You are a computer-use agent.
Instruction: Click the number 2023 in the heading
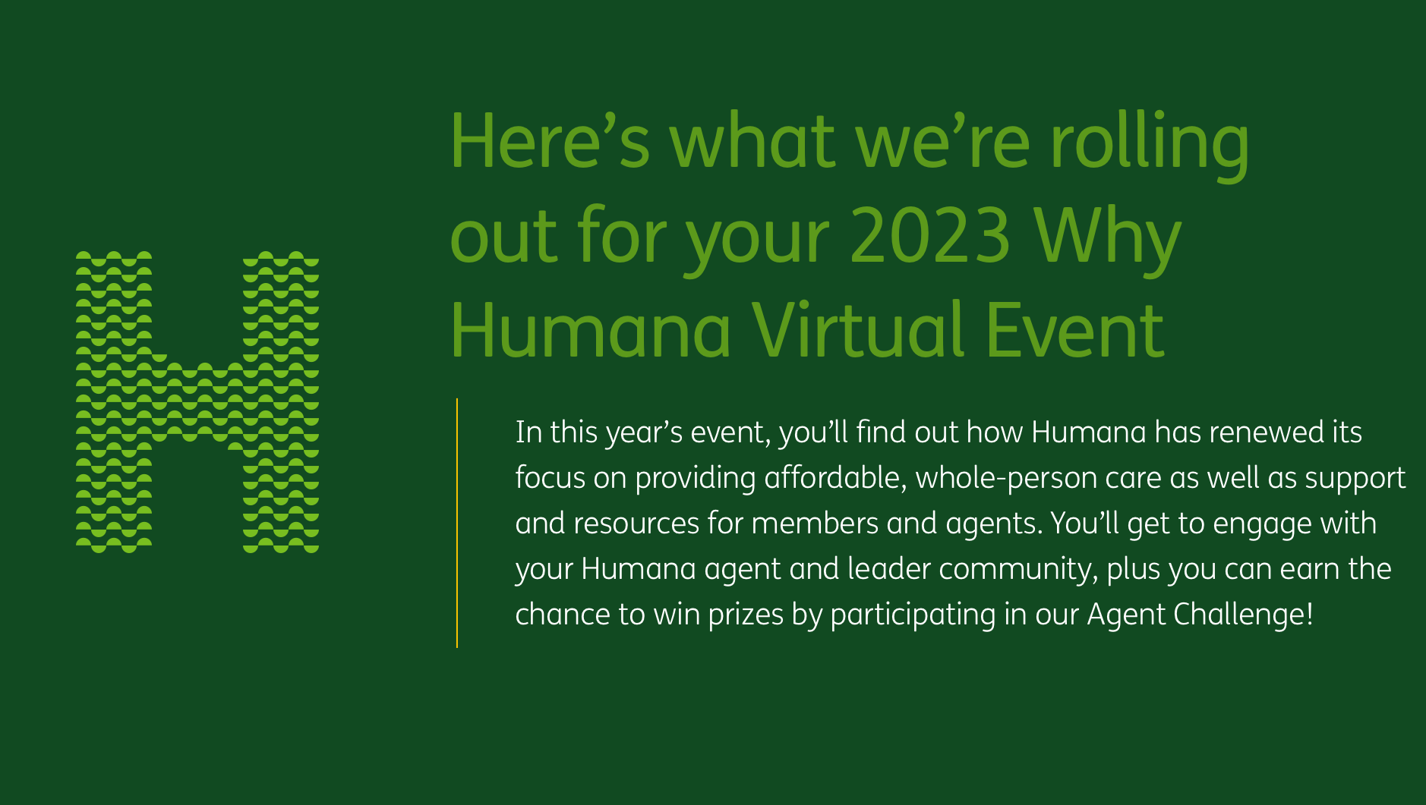tap(930, 237)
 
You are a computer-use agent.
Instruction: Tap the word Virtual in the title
tap(859, 331)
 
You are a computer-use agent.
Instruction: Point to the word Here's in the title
tap(550, 143)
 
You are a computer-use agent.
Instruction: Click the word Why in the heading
tap(1107, 237)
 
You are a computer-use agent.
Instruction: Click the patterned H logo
tap(197, 402)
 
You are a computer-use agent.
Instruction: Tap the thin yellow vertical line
tap(457, 523)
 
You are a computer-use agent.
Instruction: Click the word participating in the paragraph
tap(913, 615)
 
